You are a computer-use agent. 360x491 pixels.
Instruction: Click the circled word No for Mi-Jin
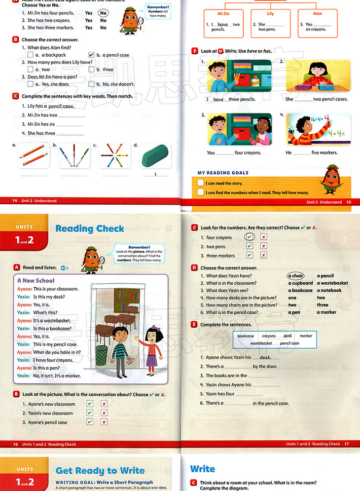(103, 13)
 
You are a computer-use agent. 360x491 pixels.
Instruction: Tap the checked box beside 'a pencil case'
(91, 55)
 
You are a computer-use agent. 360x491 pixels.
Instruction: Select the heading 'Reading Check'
(90, 228)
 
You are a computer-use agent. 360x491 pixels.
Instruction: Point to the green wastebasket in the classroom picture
(102, 355)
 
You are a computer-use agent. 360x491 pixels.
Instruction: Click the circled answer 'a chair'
(296, 276)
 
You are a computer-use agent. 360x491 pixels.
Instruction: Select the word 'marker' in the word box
(306, 336)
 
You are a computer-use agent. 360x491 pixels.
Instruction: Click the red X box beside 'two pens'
(264, 246)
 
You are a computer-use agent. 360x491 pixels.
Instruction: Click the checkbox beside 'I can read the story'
(200, 183)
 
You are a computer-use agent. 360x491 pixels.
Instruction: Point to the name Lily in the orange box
(270, 14)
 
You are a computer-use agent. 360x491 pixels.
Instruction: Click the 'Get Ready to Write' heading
(100, 470)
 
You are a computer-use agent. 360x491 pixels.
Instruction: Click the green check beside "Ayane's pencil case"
(90, 422)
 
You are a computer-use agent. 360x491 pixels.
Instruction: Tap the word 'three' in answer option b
(108, 70)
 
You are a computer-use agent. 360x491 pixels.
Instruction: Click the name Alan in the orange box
(318, 14)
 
